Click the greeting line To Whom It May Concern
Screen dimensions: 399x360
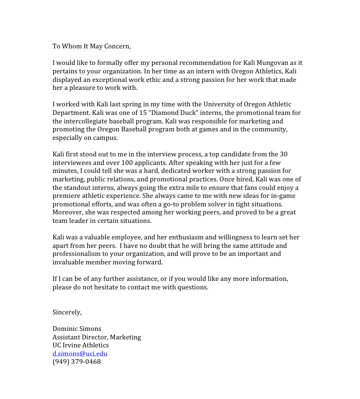(x=91, y=46)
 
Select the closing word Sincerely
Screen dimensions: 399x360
(x=67, y=312)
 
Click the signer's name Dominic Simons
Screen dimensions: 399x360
(x=77, y=329)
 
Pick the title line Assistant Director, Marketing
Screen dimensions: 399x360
(x=96, y=337)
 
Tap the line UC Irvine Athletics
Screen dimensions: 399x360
(x=80, y=345)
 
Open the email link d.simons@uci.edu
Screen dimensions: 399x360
(x=80, y=354)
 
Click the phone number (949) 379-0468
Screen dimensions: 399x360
(x=76, y=362)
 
